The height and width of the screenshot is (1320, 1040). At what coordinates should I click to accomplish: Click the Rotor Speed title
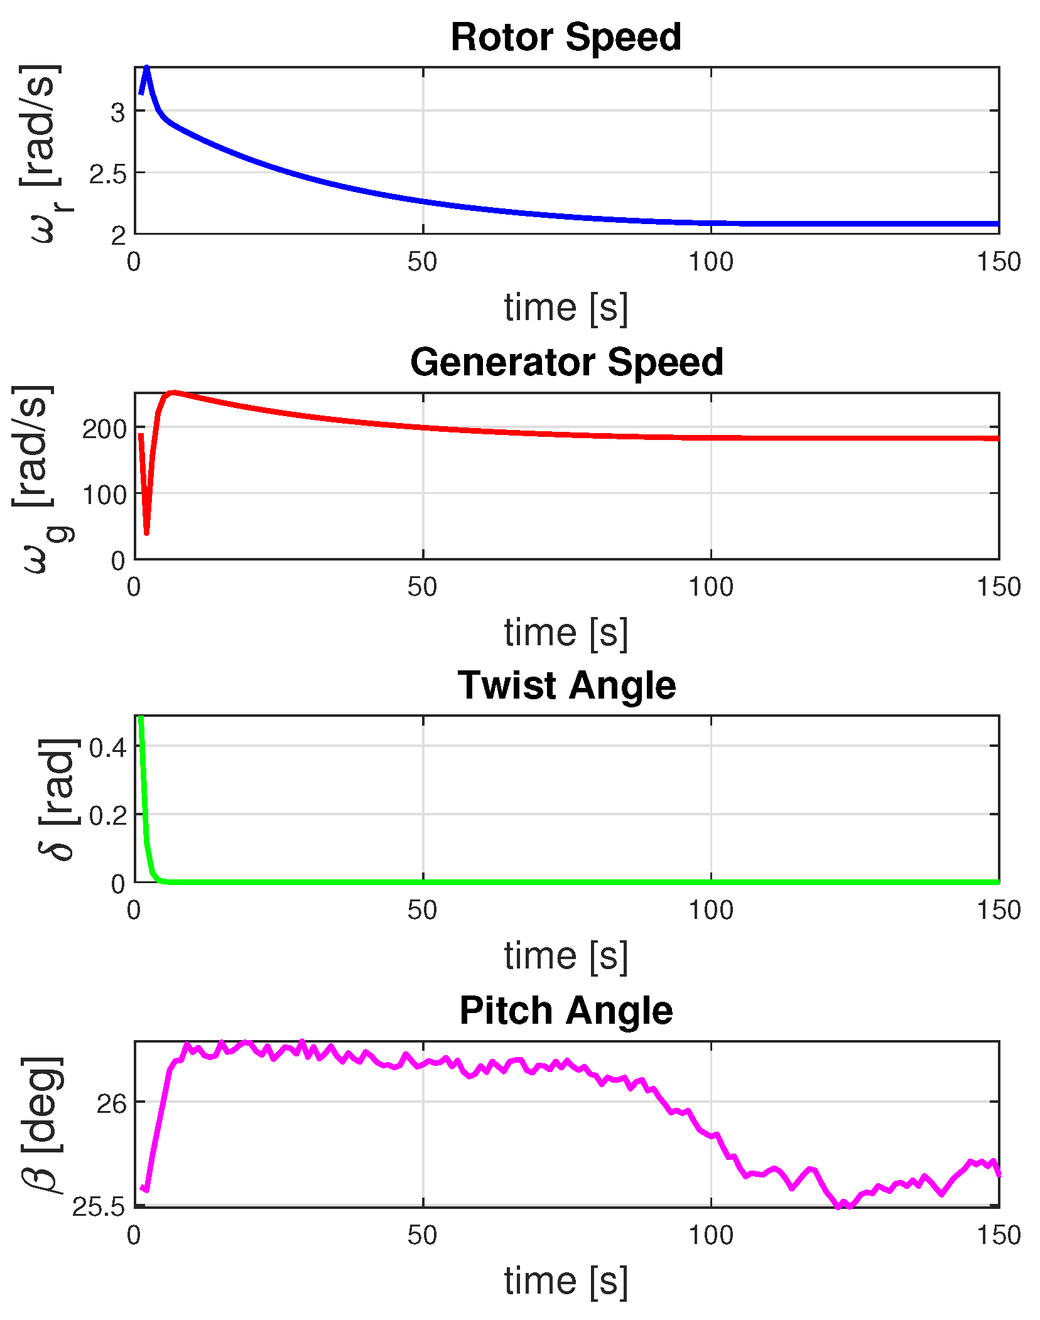pyautogui.click(x=565, y=37)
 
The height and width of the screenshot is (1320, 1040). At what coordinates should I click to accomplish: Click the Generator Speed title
pyautogui.click(x=566, y=362)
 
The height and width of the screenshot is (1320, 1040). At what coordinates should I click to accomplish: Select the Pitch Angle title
pyautogui.click(x=566, y=1011)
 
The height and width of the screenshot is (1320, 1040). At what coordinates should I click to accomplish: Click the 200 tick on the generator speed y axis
pyautogui.click(x=104, y=429)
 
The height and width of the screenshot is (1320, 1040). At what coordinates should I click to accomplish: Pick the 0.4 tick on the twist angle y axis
pyautogui.click(x=107, y=748)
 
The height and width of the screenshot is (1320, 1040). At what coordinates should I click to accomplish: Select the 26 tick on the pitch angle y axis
pyautogui.click(x=111, y=1104)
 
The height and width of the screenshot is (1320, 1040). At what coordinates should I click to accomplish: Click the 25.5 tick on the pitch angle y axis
pyautogui.click(x=99, y=1206)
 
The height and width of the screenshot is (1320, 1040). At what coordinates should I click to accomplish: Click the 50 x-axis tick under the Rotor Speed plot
pyautogui.click(x=422, y=262)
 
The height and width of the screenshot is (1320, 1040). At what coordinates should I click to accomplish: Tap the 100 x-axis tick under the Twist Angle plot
pyautogui.click(x=710, y=910)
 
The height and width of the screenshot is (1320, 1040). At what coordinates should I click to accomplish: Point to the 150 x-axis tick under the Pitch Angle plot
pyautogui.click(x=998, y=1235)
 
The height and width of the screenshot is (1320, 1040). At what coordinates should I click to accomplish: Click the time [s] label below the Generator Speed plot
pyautogui.click(x=565, y=632)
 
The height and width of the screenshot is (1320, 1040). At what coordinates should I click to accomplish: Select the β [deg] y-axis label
pyautogui.click(x=43, y=1124)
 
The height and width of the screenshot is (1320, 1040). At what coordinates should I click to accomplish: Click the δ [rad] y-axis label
pyautogui.click(x=57, y=798)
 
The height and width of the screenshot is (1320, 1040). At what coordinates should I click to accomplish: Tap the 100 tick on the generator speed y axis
pyautogui.click(x=104, y=495)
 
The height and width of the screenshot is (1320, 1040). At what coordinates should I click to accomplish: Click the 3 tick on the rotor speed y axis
pyautogui.click(x=117, y=113)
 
